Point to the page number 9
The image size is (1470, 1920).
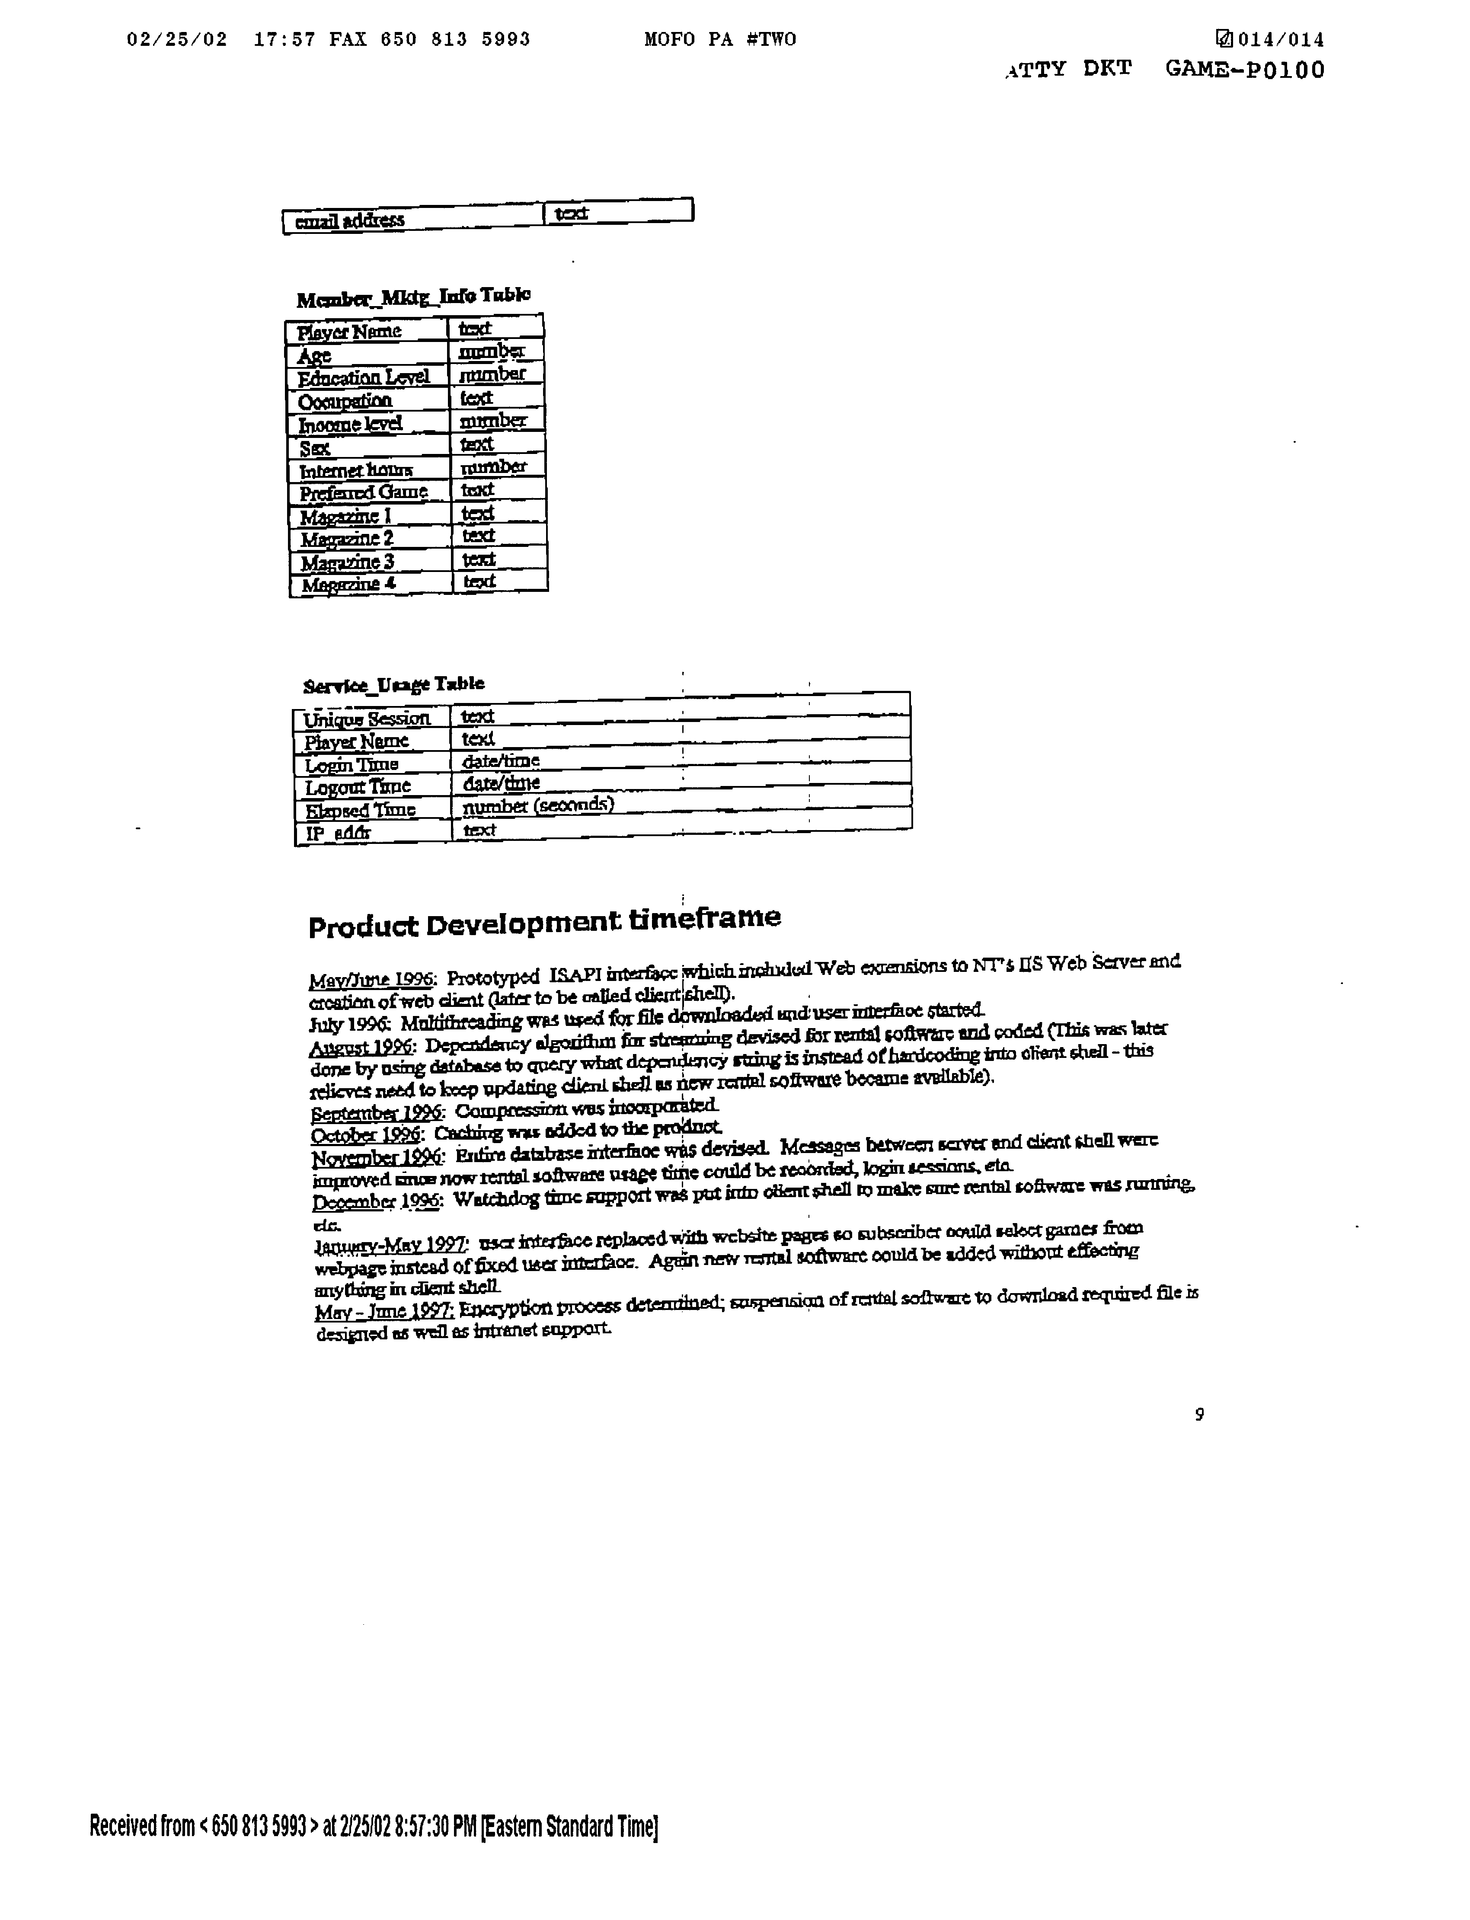coord(1199,1414)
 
